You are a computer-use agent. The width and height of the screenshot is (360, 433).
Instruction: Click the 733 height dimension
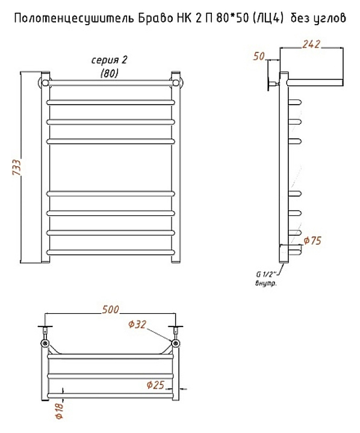17,167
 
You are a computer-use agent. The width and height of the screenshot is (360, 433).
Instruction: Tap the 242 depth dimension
311,44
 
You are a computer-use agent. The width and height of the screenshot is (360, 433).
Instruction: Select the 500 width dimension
110,310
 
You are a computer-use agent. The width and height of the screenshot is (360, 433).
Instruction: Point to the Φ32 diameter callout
137,324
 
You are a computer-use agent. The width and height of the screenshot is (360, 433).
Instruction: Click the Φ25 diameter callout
156,385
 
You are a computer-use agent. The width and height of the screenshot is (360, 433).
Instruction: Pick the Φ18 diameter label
60,411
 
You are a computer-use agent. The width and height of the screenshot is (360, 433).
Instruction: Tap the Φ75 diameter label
312,241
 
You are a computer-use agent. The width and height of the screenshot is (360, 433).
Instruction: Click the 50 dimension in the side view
259,57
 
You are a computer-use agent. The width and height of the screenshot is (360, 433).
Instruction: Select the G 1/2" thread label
266,274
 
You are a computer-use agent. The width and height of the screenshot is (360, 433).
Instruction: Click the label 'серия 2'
109,60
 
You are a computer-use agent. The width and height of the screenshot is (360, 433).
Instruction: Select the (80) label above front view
110,73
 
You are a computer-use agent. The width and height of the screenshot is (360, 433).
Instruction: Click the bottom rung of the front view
111,252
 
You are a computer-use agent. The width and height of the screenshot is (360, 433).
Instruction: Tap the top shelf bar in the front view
111,83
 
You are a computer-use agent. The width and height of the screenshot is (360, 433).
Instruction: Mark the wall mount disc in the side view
268,82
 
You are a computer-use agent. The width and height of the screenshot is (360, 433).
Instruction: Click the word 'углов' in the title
330,19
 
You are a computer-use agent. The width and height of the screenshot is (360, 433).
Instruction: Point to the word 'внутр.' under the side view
265,284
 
